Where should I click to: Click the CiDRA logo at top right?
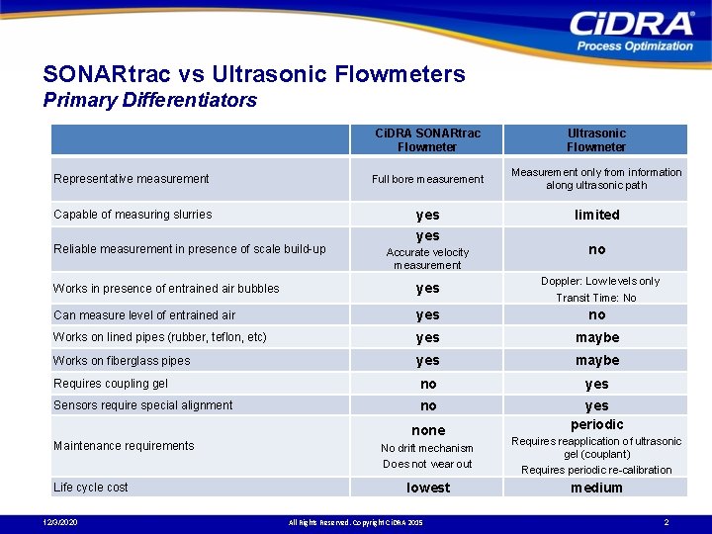coord(632,30)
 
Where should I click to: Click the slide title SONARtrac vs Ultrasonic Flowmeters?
coord(254,74)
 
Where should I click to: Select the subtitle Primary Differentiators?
coord(150,100)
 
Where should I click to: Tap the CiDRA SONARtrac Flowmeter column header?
coord(427,139)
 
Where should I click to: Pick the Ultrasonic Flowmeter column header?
coord(596,139)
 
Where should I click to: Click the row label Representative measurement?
coord(132,179)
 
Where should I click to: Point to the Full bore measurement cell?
coord(427,179)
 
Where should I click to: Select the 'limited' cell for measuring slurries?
coord(596,215)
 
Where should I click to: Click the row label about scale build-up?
coord(189,249)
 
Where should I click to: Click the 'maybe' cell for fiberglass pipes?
coord(596,361)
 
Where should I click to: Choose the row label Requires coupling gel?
coord(112,384)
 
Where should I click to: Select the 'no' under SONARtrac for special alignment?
coord(427,405)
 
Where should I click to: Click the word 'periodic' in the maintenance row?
coord(596,424)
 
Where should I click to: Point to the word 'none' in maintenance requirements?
coord(427,430)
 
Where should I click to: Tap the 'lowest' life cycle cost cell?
coord(427,488)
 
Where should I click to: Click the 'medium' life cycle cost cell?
coord(596,488)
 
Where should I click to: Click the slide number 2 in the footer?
coord(667,522)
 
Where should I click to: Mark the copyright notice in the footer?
coord(355,522)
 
